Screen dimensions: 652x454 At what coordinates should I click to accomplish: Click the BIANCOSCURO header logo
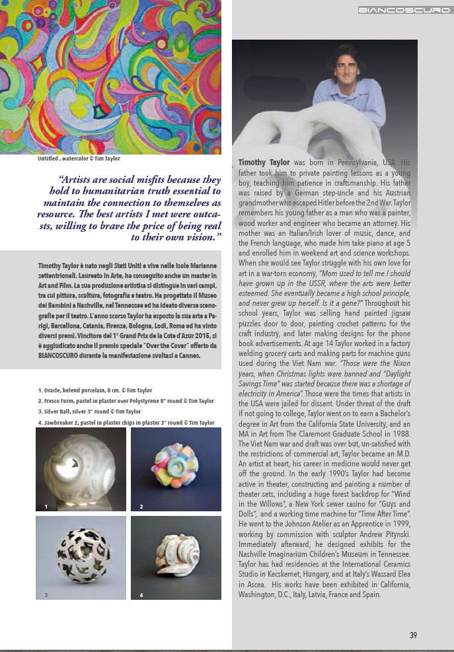(x=404, y=11)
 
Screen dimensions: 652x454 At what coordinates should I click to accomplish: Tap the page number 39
(x=413, y=635)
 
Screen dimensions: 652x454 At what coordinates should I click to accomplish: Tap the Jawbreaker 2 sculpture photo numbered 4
(x=176, y=558)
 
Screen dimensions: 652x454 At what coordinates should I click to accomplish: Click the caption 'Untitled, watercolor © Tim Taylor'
(x=79, y=159)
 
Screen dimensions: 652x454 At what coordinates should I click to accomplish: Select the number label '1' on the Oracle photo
(x=46, y=507)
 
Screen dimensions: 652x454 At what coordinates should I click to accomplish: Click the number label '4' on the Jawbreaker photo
(x=141, y=595)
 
